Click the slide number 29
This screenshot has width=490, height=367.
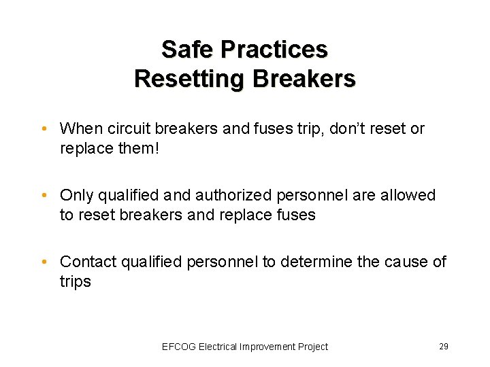tap(444, 347)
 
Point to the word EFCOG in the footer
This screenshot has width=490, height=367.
tap(178, 347)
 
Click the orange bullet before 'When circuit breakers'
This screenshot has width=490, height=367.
tap(43, 129)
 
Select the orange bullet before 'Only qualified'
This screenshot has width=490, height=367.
tap(43, 196)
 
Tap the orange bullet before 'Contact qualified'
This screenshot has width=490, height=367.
tap(43, 262)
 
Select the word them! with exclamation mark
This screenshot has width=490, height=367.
tap(138, 147)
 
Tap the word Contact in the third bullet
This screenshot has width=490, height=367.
tap(88, 262)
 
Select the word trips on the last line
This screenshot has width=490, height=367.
tap(76, 281)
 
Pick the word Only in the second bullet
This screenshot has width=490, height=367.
tap(76, 195)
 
